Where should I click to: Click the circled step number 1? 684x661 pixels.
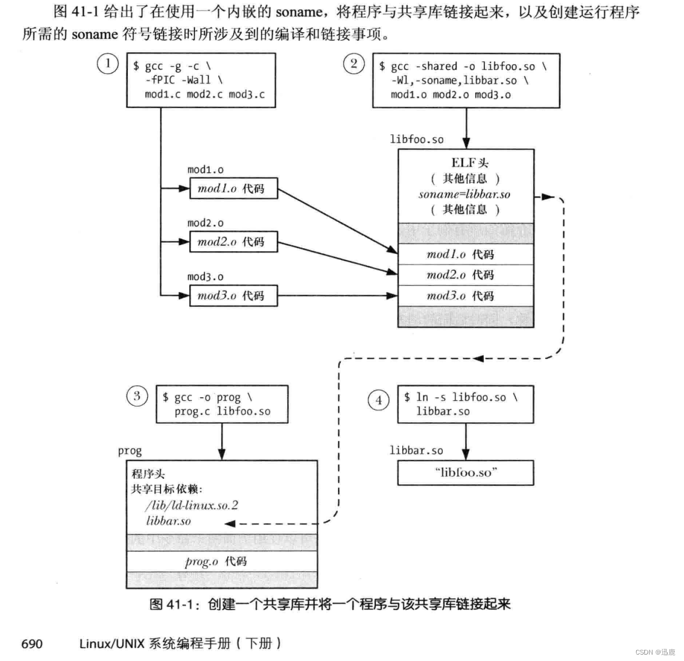(x=107, y=63)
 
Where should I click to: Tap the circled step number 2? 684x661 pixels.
(x=354, y=63)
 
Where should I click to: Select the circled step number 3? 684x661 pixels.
(x=137, y=396)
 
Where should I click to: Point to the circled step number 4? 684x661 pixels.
(x=379, y=400)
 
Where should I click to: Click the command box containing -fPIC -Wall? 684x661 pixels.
(x=201, y=80)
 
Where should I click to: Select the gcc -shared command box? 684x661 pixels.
(x=466, y=81)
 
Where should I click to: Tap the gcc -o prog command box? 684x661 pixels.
(x=222, y=404)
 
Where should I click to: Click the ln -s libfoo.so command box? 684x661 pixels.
(x=465, y=404)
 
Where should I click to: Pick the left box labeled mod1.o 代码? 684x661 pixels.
(x=233, y=189)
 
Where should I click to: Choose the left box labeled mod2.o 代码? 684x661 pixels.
(x=233, y=242)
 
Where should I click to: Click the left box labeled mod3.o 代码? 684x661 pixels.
(x=233, y=295)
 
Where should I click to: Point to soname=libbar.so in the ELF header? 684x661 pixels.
(x=465, y=194)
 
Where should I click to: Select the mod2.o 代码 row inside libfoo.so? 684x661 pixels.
(x=465, y=275)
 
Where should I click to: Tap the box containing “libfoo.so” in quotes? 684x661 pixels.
(x=465, y=472)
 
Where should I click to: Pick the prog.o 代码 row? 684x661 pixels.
(x=221, y=561)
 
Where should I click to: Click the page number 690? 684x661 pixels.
(x=32, y=643)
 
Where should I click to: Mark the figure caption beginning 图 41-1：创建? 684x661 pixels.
(x=330, y=604)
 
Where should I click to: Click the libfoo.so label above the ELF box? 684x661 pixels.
(x=417, y=139)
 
